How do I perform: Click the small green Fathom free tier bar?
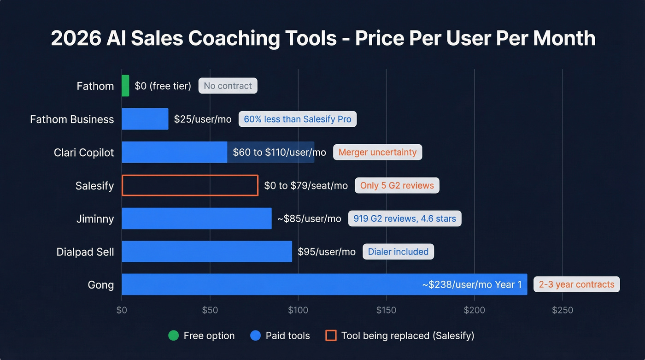click(125, 86)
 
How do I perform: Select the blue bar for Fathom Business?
click(145, 119)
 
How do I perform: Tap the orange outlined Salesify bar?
click(190, 185)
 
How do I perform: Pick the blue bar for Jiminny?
click(197, 218)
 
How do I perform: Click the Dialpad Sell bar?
click(207, 251)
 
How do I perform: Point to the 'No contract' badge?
click(228, 86)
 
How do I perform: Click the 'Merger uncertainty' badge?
click(377, 152)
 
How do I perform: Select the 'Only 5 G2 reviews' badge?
click(397, 185)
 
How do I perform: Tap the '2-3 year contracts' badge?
click(576, 284)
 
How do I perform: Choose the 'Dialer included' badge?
click(398, 252)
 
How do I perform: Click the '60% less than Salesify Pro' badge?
click(297, 119)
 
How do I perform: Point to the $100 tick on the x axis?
click(298, 310)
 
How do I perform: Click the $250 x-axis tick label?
click(563, 310)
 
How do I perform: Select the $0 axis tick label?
click(122, 310)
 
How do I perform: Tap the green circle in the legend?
click(173, 336)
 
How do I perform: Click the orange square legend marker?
click(331, 336)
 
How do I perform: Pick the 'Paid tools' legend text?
click(287, 336)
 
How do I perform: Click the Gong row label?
click(100, 284)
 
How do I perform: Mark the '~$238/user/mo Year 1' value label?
click(472, 284)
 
